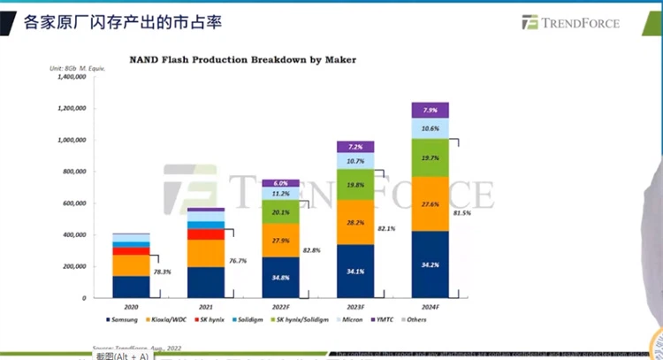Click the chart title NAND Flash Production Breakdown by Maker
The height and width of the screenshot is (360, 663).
tap(242, 60)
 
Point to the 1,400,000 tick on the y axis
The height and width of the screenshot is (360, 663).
tap(68, 77)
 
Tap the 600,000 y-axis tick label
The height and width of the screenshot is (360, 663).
tap(71, 203)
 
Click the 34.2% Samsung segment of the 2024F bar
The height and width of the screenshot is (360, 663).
tap(430, 264)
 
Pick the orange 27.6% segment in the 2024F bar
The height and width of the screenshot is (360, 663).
tap(430, 204)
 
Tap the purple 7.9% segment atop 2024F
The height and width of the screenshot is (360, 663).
tap(430, 111)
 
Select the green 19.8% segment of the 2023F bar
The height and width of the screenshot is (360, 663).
tap(355, 185)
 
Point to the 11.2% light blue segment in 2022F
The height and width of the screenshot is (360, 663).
tap(280, 194)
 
